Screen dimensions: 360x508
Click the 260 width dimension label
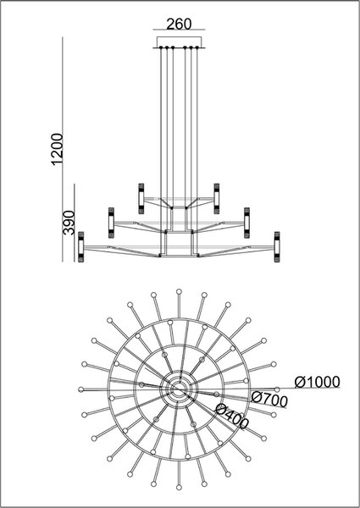(179, 25)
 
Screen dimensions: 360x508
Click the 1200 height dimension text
(58, 149)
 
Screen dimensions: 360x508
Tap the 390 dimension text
(69, 223)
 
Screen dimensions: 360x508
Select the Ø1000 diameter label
(318, 383)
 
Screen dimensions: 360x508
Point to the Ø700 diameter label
(269, 399)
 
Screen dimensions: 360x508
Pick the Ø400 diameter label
(232, 417)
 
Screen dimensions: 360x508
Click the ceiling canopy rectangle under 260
(179, 42)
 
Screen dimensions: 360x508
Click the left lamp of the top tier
(141, 199)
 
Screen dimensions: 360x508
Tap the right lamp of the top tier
(217, 199)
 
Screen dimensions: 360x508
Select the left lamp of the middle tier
(111, 223)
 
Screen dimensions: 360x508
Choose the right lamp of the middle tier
(246, 223)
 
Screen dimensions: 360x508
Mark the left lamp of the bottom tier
(81, 247)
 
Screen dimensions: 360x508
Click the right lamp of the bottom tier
(277, 247)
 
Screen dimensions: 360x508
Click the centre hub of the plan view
(179, 389)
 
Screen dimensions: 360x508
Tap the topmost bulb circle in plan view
(179, 291)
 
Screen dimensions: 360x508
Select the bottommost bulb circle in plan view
(179, 488)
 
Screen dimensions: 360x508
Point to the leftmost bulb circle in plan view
(81, 389)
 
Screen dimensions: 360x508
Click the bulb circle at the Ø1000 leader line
(277, 389)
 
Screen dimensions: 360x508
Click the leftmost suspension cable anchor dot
(161, 47)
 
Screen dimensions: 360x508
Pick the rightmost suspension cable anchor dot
(197, 47)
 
